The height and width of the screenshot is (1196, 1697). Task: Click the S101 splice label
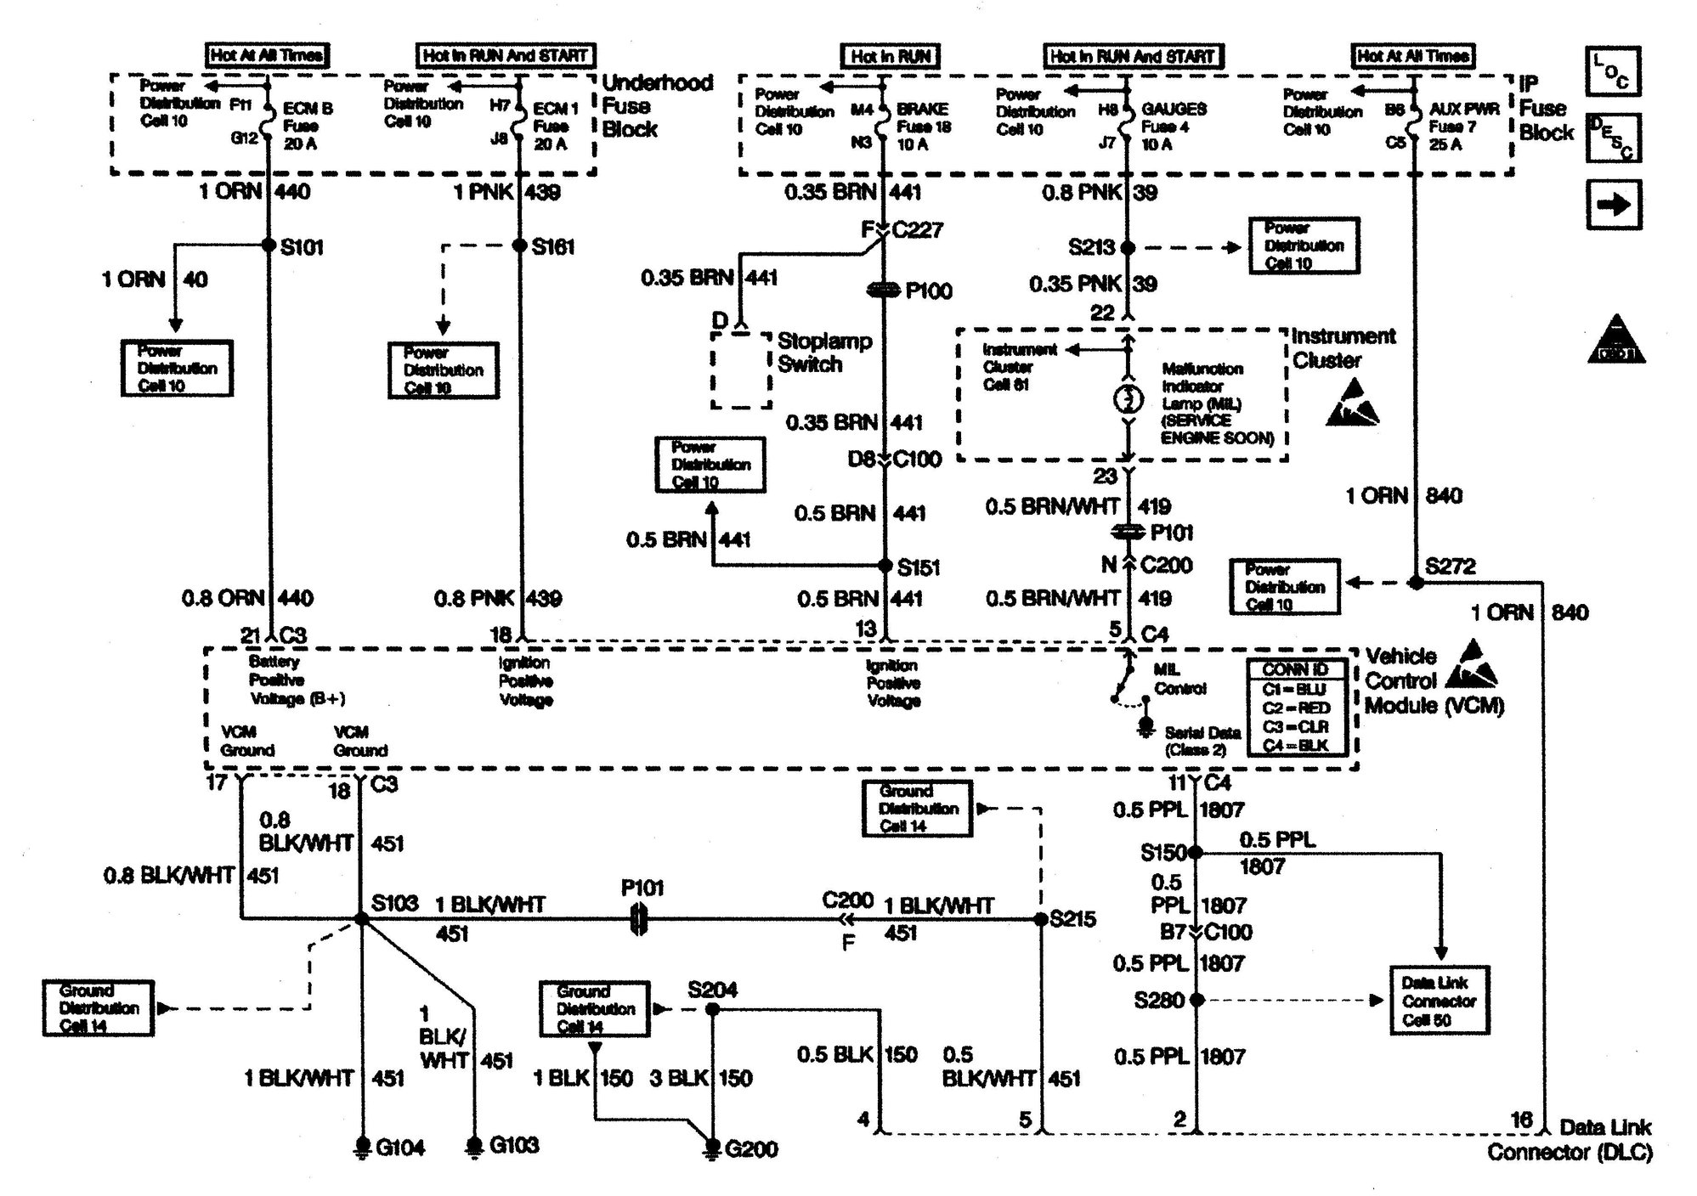click(302, 247)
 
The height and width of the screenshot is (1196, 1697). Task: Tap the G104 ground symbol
click(363, 1146)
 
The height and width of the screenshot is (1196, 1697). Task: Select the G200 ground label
click(751, 1149)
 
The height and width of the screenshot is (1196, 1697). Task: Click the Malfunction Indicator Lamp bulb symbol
click(1128, 399)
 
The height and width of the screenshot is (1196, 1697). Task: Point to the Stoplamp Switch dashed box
click(741, 370)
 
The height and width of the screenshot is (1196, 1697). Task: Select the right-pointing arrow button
click(1613, 205)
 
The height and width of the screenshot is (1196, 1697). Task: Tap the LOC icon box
click(1612, 71)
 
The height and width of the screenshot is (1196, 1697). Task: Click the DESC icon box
click(1612, 138)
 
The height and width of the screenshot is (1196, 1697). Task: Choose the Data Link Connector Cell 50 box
click(1439, 1000)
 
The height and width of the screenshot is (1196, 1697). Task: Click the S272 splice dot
click(1416, 583)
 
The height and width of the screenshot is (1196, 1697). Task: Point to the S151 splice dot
click(885, 566)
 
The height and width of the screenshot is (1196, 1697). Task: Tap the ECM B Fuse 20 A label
click(307, 126)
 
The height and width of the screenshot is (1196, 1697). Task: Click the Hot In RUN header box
click(891, 56)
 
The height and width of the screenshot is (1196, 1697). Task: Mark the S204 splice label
click(712, 990)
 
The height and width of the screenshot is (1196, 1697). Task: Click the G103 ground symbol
click(474, 1145)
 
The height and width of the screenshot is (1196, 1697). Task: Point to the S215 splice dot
click(1041, 918)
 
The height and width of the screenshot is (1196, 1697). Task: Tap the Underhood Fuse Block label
click(657, 106)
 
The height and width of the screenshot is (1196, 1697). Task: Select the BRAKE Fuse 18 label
click(923, 127)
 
